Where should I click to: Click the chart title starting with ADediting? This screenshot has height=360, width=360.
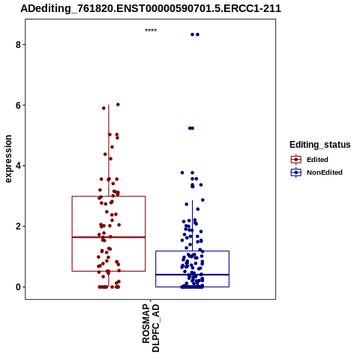pos(151,9)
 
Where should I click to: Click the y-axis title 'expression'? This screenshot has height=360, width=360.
pos(8,159)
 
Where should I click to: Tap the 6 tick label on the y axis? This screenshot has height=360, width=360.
pos(18,106)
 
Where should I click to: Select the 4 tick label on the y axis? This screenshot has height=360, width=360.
pos(18,166)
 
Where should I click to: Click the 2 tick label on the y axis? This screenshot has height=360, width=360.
pos(18,226)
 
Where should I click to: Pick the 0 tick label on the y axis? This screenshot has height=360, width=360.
pos(18,287)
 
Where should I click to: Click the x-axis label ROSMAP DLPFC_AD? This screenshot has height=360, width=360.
pos(151,328)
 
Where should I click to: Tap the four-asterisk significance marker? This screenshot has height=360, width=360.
pos(151,30)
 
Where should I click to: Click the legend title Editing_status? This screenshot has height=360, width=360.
pos(320,145)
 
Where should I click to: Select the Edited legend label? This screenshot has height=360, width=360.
pos(317,160)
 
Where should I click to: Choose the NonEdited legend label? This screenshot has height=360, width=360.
pos(325,172)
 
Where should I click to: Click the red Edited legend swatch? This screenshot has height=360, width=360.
pos(296,160)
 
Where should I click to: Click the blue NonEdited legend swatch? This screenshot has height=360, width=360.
pos(296,172)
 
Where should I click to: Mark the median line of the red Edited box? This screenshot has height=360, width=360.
pos(109,237)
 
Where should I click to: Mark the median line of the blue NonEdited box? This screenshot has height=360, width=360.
pos(192,274)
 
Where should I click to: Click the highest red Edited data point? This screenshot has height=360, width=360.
pos(118,104)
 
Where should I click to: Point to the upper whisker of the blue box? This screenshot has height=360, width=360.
pos(192,226)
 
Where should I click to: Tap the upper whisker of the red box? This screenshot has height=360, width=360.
pos(109,151)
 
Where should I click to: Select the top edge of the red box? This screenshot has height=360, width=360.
pos(109,196)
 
